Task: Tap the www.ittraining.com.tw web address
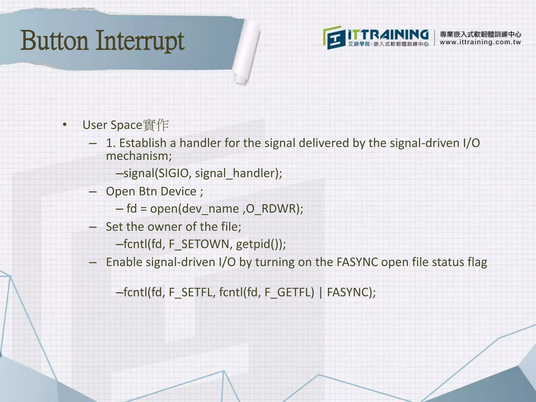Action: (x=480, y=42)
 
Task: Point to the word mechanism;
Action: (x=139, y=156)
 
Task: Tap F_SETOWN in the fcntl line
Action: (x=199, y=244)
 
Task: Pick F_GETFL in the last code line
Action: (x=289, y=292)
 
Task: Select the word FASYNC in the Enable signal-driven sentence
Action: (x=357, y=262)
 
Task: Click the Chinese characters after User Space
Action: (x=156, y=125)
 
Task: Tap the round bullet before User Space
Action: (x=65, y=125)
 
